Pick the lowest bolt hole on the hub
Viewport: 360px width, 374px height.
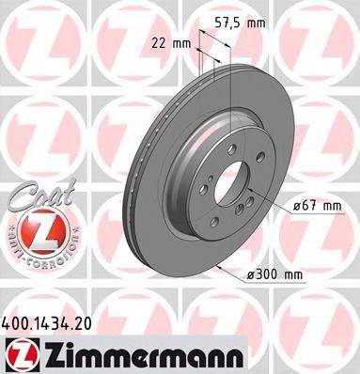coord(217,214)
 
